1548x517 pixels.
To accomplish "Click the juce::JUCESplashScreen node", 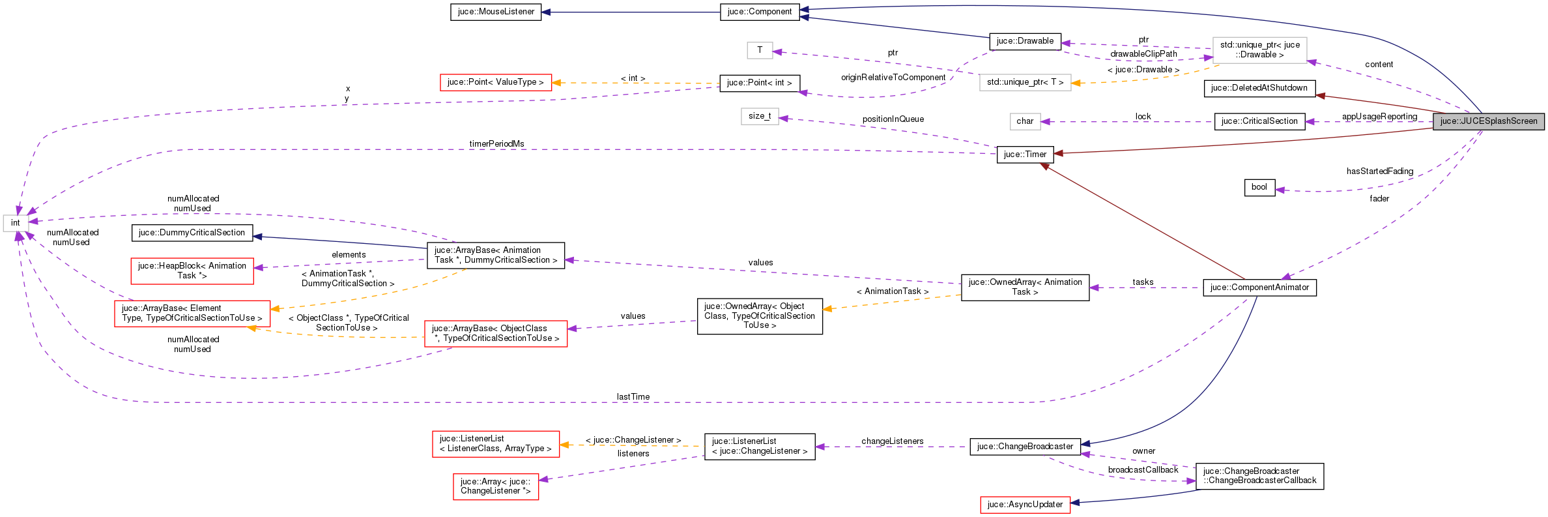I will [1488, 121].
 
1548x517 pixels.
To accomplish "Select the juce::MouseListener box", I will [496, 12].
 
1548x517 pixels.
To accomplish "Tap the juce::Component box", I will [760, 12].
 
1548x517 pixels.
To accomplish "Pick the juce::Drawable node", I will [1025, 41].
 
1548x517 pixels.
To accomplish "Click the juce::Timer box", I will [1025, 155].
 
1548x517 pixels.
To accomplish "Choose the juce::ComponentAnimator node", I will [1259, 288].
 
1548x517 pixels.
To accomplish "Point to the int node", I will [15, 223].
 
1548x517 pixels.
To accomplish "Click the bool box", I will [1259, 187].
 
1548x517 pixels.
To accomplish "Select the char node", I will [1025, 121].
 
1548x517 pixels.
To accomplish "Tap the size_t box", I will [760, 116].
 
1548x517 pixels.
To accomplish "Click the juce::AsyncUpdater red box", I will [1025, 505].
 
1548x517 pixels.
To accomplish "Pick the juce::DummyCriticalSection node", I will [192, 233].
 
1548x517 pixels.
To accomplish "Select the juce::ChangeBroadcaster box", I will [1025, 447].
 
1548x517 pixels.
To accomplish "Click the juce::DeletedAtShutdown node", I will [1259, 88].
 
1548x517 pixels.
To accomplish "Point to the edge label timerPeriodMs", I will [496, 144].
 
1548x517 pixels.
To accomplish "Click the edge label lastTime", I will [633, 397].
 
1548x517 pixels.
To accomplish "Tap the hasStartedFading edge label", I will [1380, 171].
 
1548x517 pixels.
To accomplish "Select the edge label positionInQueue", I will [893, 119].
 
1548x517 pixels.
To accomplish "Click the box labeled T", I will [760, 50].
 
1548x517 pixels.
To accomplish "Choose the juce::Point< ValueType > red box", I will [495, 82].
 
